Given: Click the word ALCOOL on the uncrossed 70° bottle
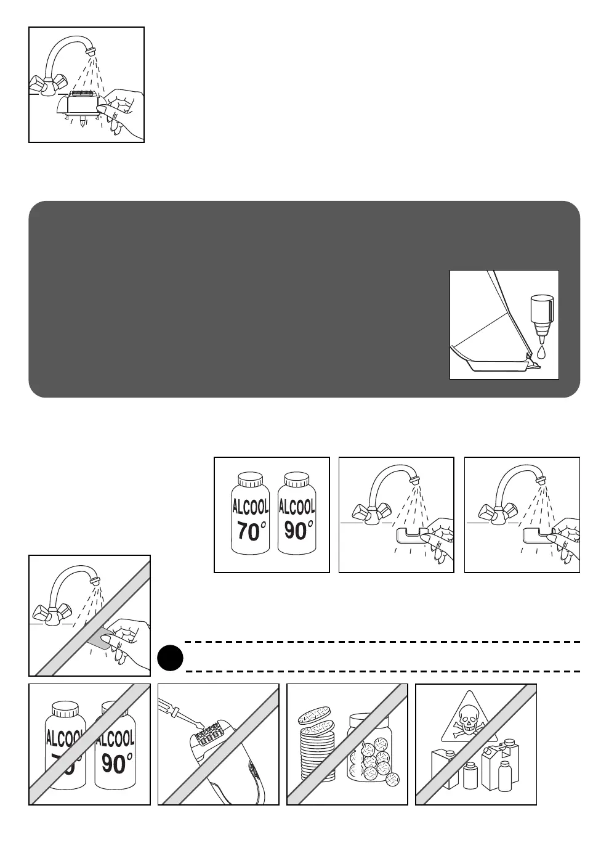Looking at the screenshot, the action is (250, 507).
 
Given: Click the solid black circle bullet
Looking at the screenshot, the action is (170, 657).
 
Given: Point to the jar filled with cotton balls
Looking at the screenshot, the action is (369, 749).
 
